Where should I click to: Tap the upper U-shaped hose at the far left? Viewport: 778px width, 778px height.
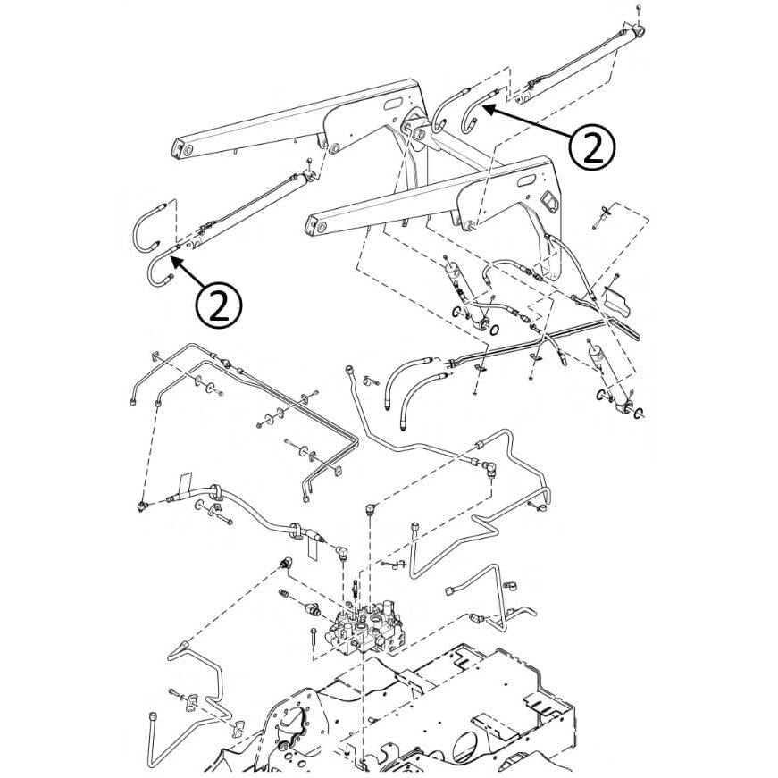click(x=146, y=229)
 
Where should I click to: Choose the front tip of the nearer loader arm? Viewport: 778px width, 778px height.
click(x=314, y=230)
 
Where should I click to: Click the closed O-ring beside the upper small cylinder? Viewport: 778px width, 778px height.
click(x=496, y=332)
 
